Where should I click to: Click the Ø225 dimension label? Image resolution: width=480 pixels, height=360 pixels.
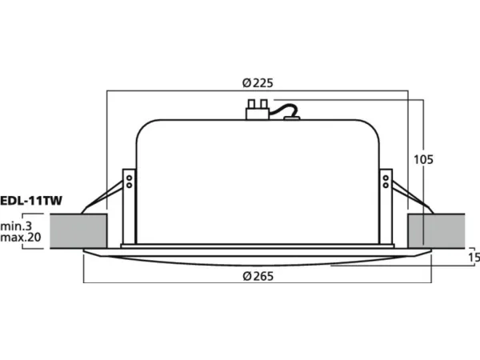coord(258,83)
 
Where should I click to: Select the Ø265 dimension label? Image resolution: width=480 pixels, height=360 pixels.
coord(258,276)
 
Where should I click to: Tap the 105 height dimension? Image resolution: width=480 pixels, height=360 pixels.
coord(423,159)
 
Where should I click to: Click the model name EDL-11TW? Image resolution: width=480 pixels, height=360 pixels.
coord(31,201)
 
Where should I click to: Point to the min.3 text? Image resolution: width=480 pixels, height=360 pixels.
coord(16,226)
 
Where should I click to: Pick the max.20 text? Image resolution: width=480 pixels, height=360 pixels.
coord(21,238)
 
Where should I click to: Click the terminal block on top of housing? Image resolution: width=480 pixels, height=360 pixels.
coord(258,110)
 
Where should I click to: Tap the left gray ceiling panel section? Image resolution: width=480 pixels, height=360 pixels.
coord(78,231)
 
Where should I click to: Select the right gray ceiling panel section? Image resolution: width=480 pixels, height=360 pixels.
coord(436,231)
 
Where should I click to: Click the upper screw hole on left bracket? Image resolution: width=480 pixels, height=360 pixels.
coord(129,178)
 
